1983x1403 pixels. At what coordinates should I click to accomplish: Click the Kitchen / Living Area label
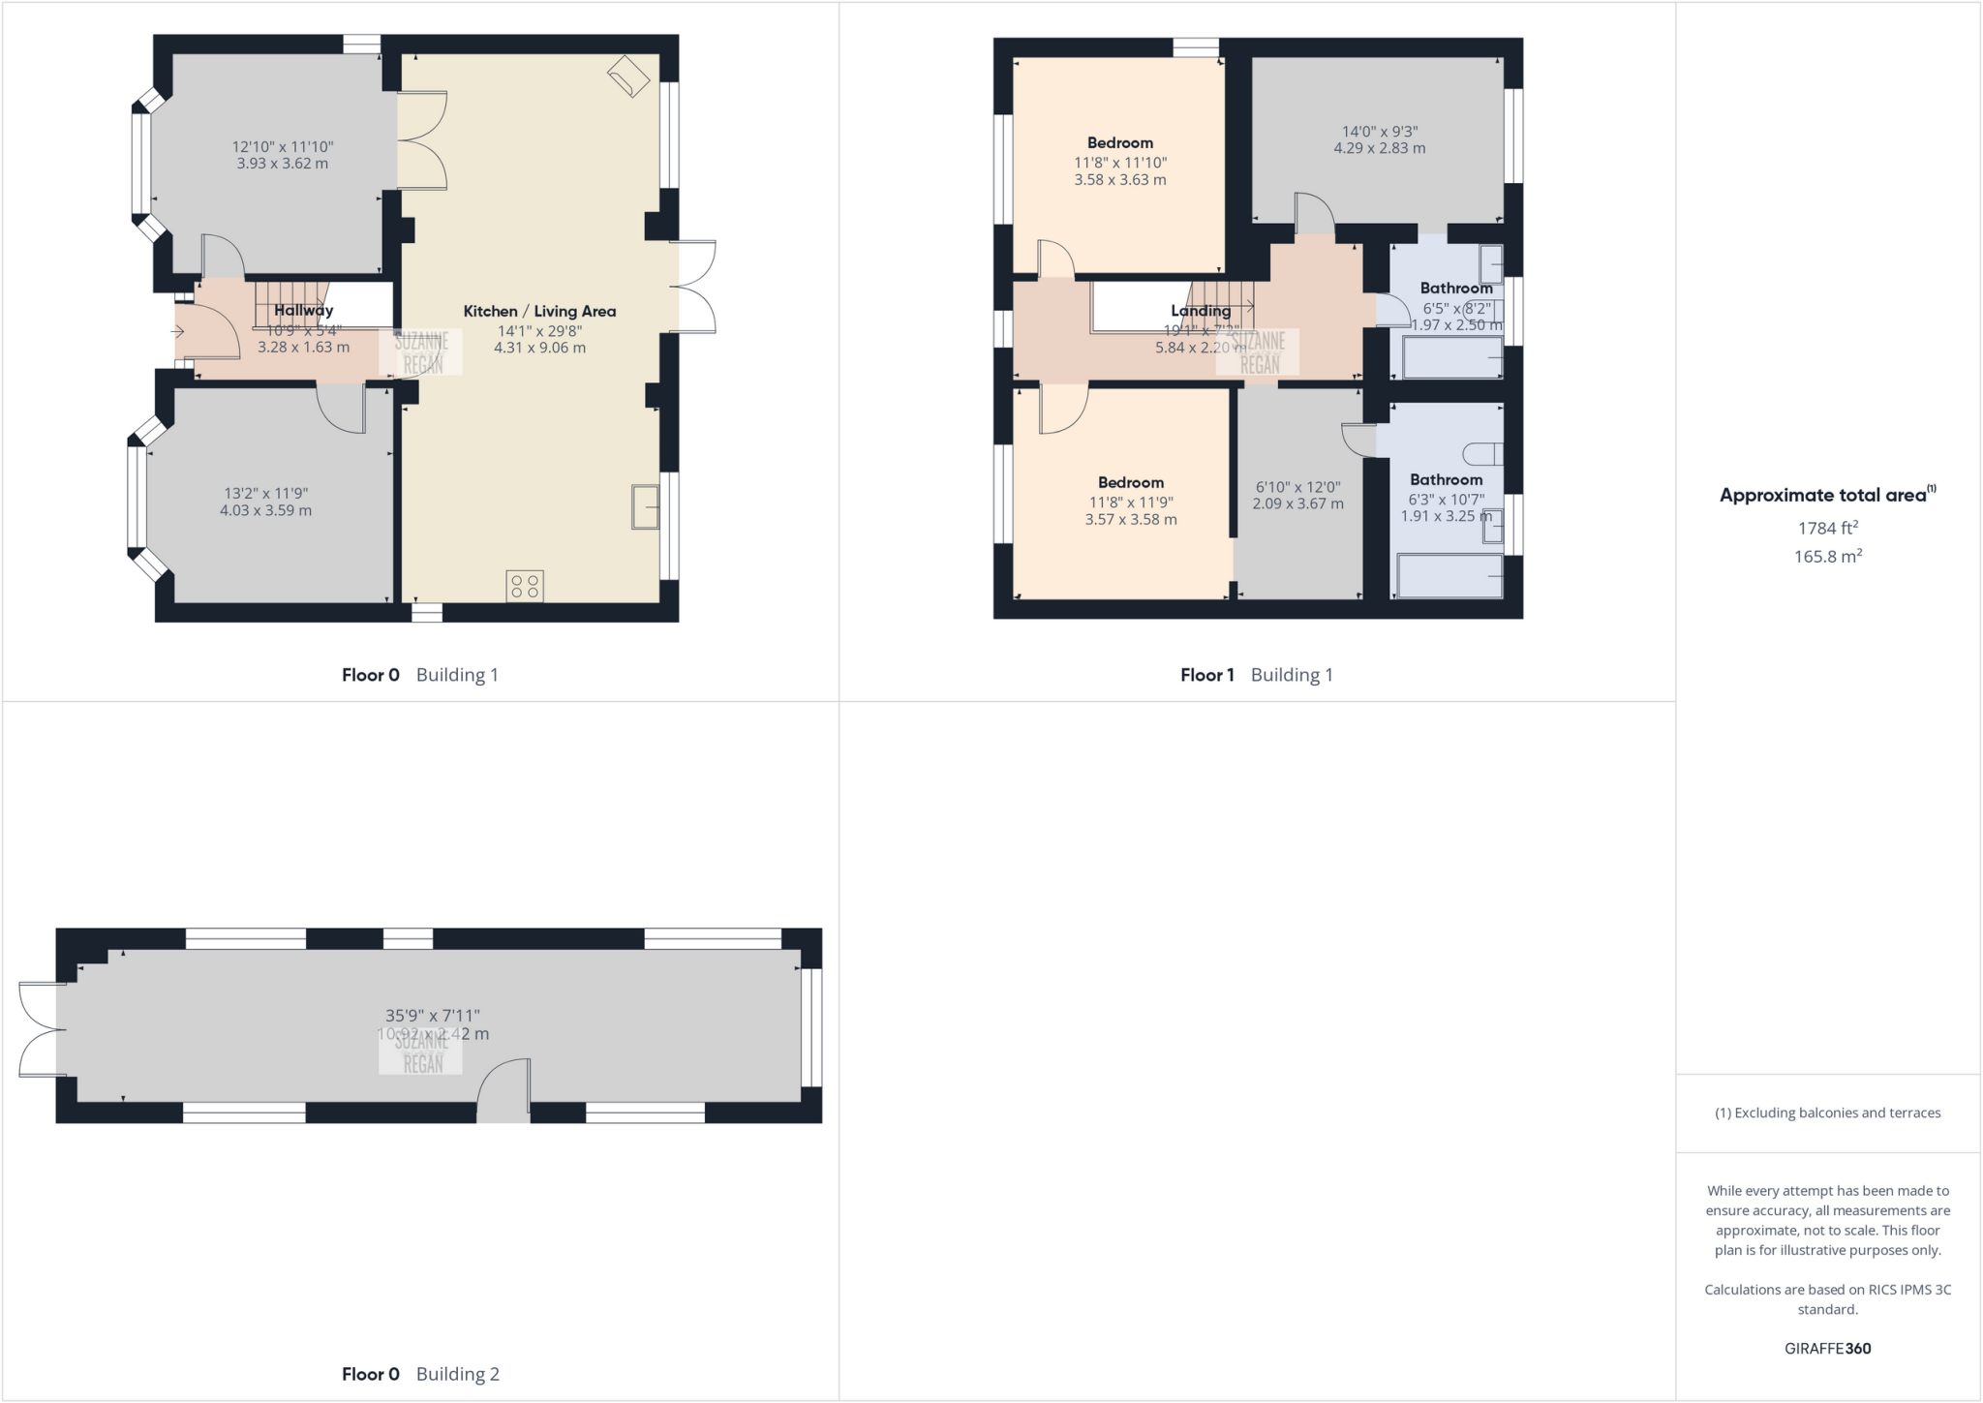[x=539, y=311]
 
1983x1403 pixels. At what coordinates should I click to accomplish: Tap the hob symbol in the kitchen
[x=524, y=586]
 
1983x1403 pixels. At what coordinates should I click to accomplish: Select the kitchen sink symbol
[x=645, y=506]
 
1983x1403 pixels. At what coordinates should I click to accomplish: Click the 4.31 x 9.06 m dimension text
[x=539, y=348]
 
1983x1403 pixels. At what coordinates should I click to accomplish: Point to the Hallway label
[x=303, y=310]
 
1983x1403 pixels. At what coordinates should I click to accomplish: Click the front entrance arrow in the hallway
[x=178, y=331]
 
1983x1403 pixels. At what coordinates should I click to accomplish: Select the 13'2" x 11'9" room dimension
[x=265, y=493]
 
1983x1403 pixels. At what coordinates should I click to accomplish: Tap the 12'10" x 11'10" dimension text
[x=282, y=147]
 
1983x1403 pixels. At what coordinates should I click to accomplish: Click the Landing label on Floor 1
[x=1201, y=311]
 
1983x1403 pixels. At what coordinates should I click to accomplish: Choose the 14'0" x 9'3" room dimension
[x=1379, y=132]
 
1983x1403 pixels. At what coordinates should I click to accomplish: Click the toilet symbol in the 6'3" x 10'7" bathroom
[x=1482, y=453]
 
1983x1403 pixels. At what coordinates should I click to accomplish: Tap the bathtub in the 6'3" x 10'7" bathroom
[x=1449, y=576]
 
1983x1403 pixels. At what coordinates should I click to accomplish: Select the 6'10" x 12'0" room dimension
[x=1297, y=487]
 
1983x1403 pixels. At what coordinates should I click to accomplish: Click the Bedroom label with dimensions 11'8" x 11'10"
[x=1119, y=142]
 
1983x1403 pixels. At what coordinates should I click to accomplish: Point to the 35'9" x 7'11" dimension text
[x=433, y=1016]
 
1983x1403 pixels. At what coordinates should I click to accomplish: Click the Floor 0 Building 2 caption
[x=420, y=1373]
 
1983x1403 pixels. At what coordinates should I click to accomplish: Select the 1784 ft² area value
[x=1827, y=528]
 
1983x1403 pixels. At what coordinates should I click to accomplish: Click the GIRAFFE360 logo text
[x=1827, y=1348]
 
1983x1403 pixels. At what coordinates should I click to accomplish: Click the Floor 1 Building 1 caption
[x=1256, y=675]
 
